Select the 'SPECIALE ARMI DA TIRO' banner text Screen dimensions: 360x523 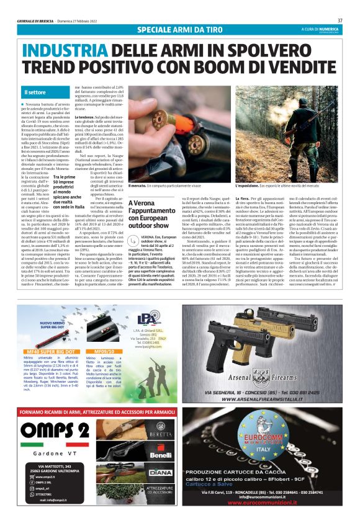[x=179, y=29]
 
